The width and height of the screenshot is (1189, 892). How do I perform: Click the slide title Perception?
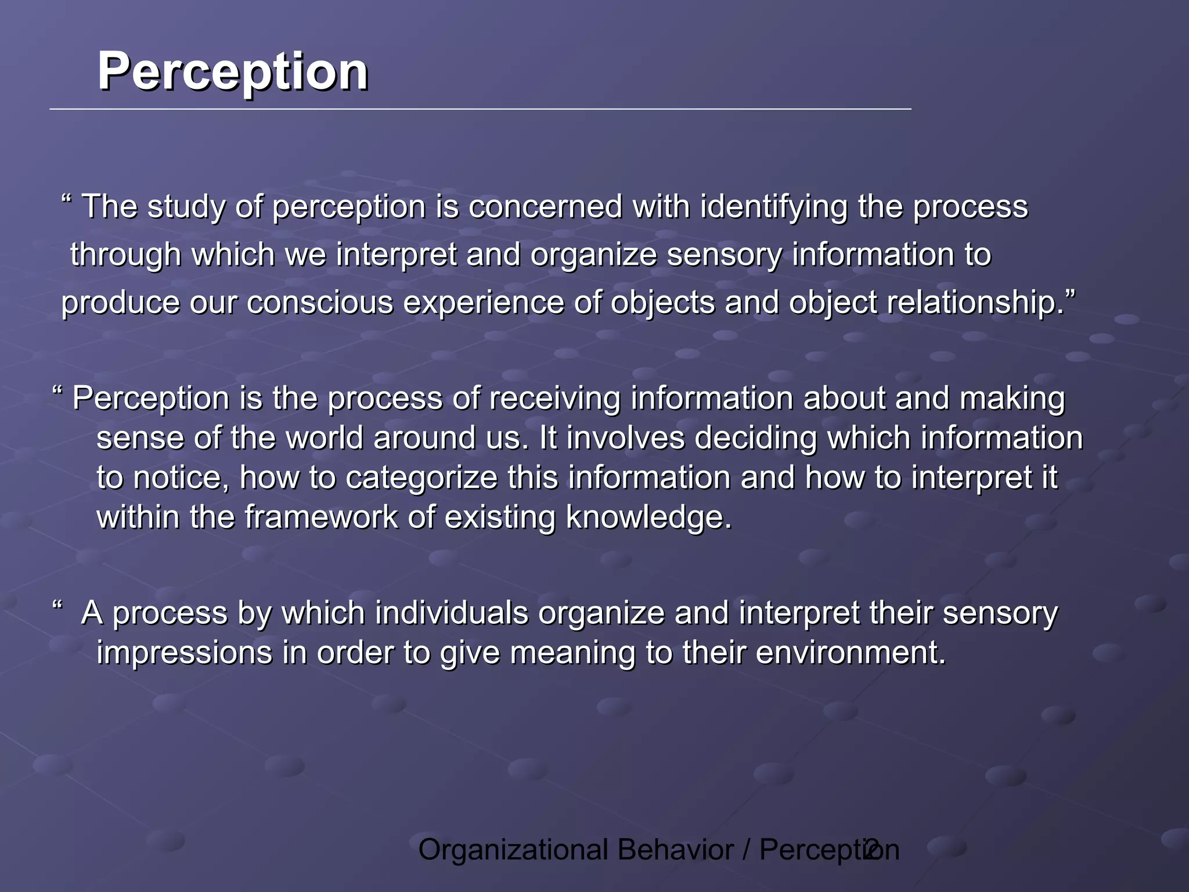click(x=232, y=72)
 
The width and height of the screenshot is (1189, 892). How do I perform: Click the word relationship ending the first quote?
click(x=975, y=303)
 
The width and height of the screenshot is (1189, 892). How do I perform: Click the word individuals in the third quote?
click(x=451, y=613)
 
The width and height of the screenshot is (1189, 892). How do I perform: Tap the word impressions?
click(x=184, y=653)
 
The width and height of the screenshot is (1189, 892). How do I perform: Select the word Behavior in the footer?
click(x=675, y=850)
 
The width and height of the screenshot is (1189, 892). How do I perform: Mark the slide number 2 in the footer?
click(x=870, y=850)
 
